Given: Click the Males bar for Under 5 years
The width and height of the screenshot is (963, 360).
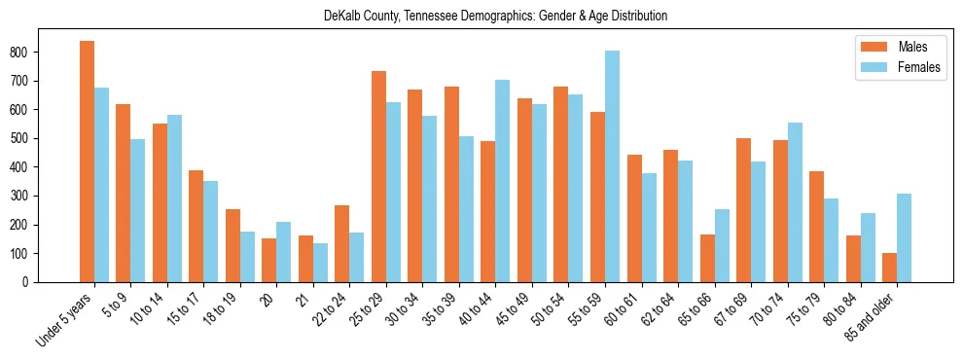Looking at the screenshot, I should pos(87,162).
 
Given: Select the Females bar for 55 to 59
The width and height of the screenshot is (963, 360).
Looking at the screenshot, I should pos(612,166).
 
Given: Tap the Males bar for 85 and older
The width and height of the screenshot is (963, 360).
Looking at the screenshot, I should pos(889,268).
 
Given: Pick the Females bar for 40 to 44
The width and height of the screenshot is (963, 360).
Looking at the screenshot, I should pos(503,181).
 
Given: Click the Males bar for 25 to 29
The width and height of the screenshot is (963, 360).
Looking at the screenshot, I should pos(378,176).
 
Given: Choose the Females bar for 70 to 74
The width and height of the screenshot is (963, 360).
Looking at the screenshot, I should pos(795,202).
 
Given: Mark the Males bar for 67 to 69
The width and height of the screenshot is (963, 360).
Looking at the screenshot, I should pos(743,210).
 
